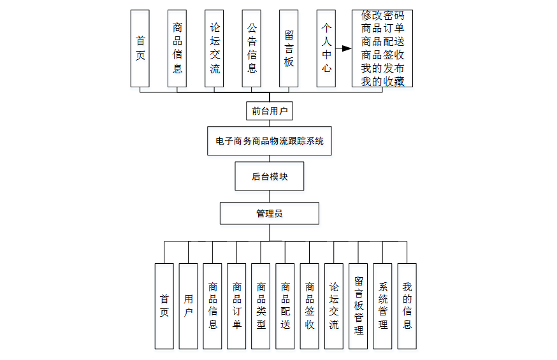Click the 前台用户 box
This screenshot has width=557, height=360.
coord(269,111)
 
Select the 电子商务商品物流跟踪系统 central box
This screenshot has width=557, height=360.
coord(269,141)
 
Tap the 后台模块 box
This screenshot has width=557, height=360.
coord(269,176)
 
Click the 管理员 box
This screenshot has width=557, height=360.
coord(269,213)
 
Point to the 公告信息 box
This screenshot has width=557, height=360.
coord(252,48)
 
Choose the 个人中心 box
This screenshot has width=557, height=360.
coord(326,48)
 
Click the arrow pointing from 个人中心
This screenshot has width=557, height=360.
coord(345,48)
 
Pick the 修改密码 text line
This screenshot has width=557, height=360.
coord(382,15)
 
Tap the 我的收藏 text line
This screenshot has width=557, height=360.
coord(382,82)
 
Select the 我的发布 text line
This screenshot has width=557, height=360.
coord(382,68)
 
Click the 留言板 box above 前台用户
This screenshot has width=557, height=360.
coord(289,48)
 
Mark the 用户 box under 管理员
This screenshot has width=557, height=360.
coord(188,306)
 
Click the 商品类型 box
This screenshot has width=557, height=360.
coord(261,306)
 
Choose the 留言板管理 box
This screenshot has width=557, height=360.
coord(358,306)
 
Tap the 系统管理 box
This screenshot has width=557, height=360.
coord(382,306)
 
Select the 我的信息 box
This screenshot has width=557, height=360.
coord(407,306)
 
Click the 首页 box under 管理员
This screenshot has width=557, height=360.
coord(164,306)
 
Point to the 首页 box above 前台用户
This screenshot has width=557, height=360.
coord(140,48)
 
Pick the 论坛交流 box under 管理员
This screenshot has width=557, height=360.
coord(334,306)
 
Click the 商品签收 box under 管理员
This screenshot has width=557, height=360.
coord(310,306)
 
